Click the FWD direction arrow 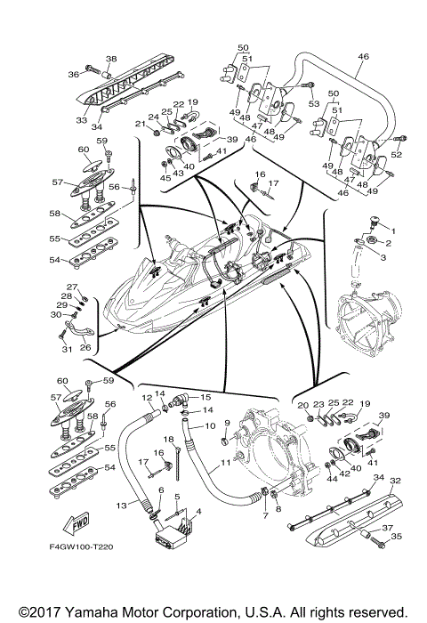(76, 523)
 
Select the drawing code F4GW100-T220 (81, 547)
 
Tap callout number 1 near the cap (393, 231)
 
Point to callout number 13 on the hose (121, 506)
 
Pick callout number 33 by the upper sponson (82, 119)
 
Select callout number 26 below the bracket (85, 347)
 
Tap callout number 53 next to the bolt (314, 104)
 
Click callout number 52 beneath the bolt (397, 155)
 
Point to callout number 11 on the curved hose (225, 463)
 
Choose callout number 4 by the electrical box (198, 512)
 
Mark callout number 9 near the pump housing (227, 422)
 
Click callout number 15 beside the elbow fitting (205, 397)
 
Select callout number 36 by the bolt (74, 74)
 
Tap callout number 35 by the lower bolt (397, 537)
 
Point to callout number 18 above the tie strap (169, 439)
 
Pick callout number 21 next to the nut (141, 124)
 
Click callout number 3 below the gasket (383, 257)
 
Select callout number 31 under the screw (67, 349)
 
